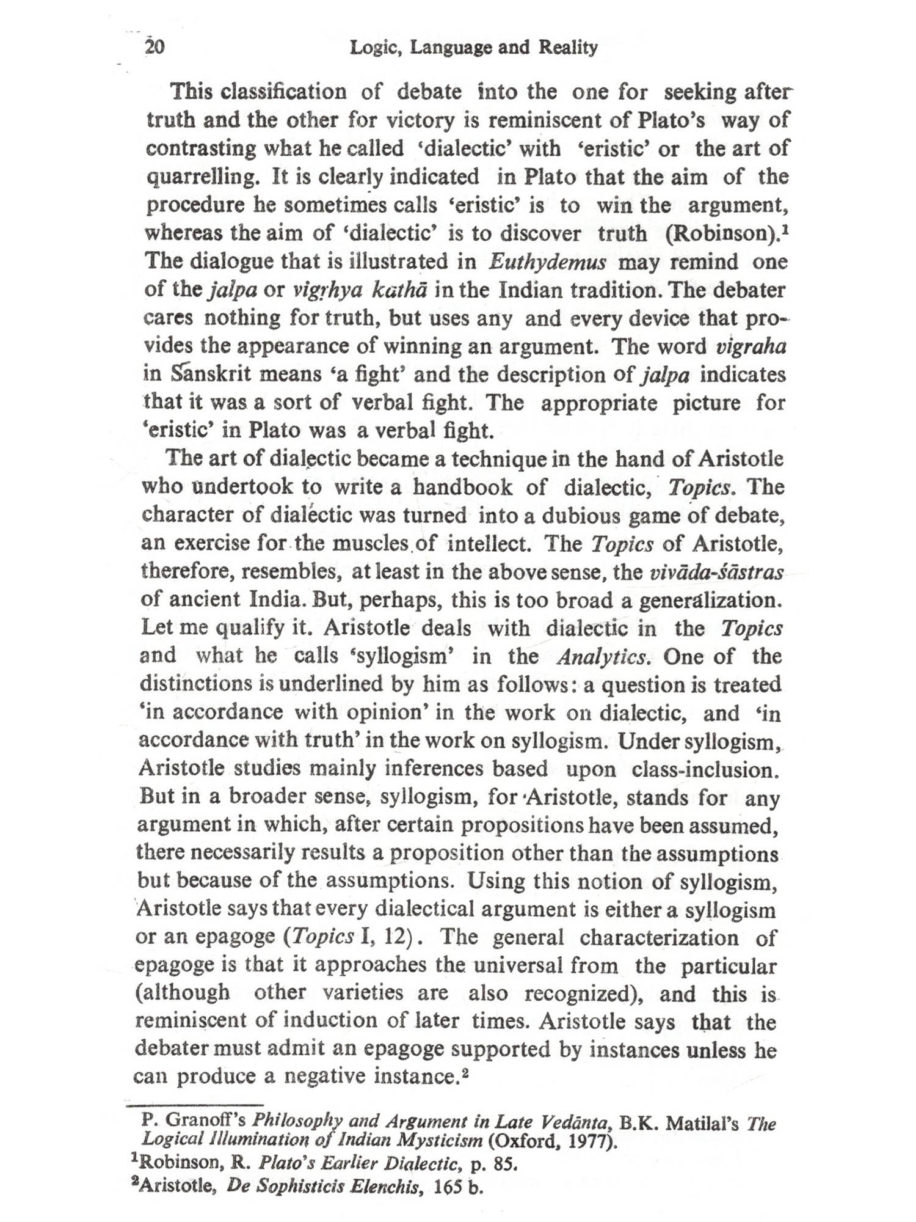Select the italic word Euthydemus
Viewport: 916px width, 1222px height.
coord(547,262)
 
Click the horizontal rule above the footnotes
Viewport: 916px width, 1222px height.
coord(194,1105)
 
